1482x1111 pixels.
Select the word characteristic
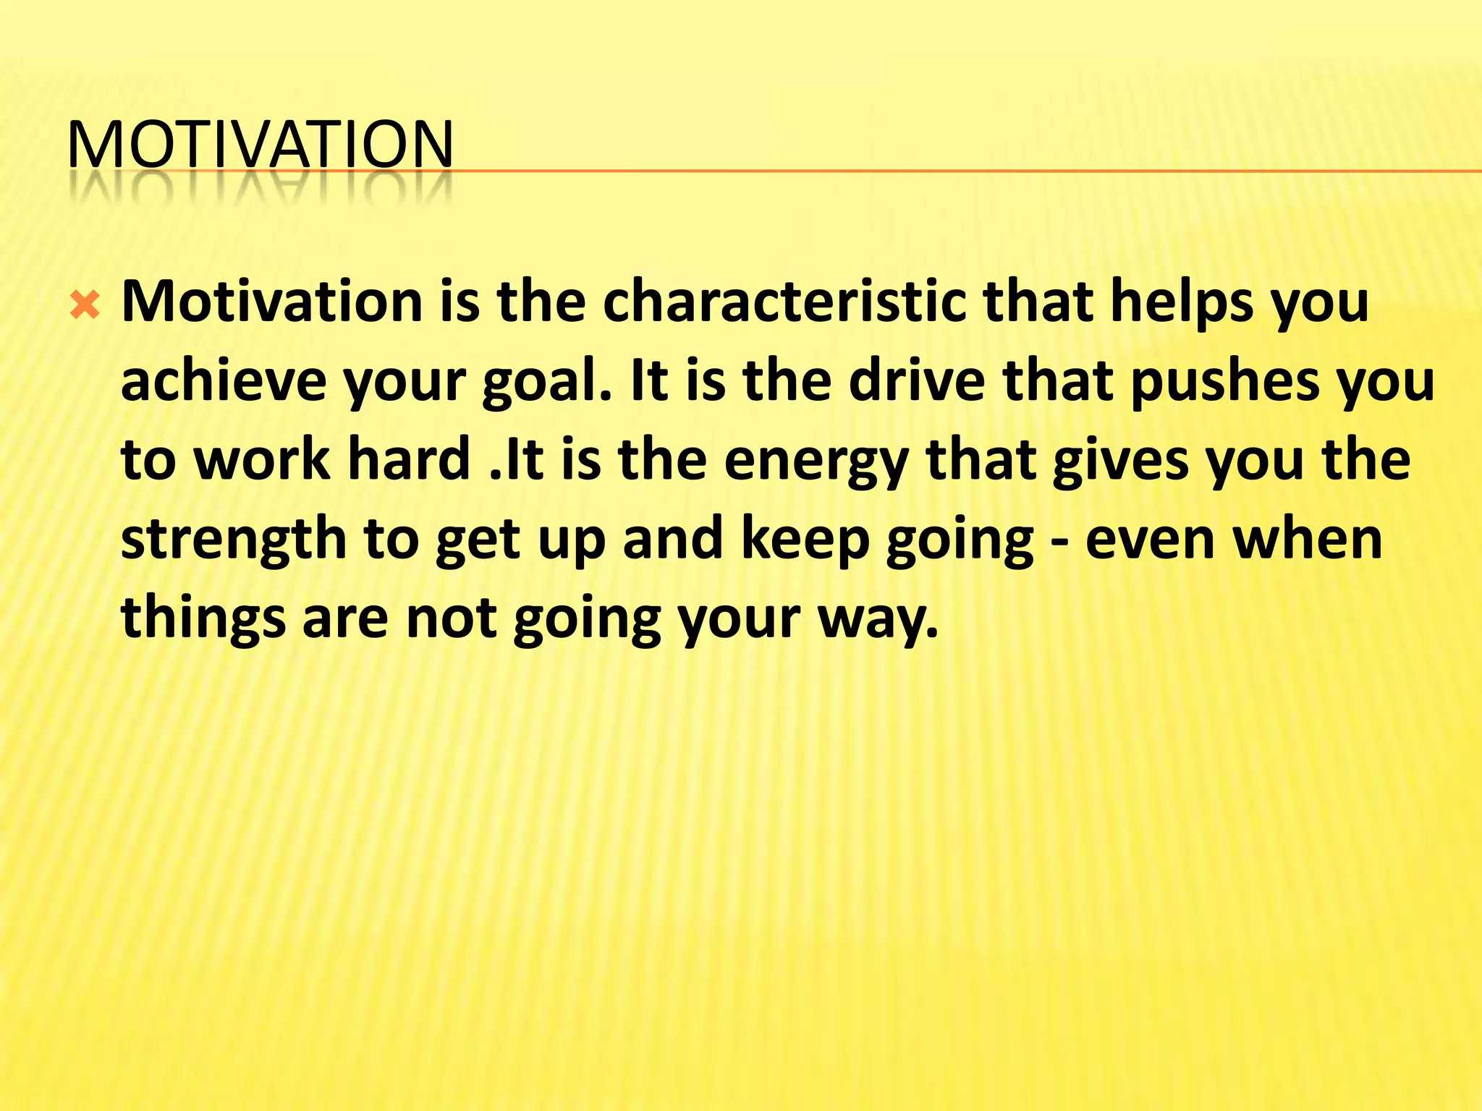point(784,301)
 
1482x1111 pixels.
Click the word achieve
point(224,381)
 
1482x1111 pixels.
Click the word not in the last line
point(451,618)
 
